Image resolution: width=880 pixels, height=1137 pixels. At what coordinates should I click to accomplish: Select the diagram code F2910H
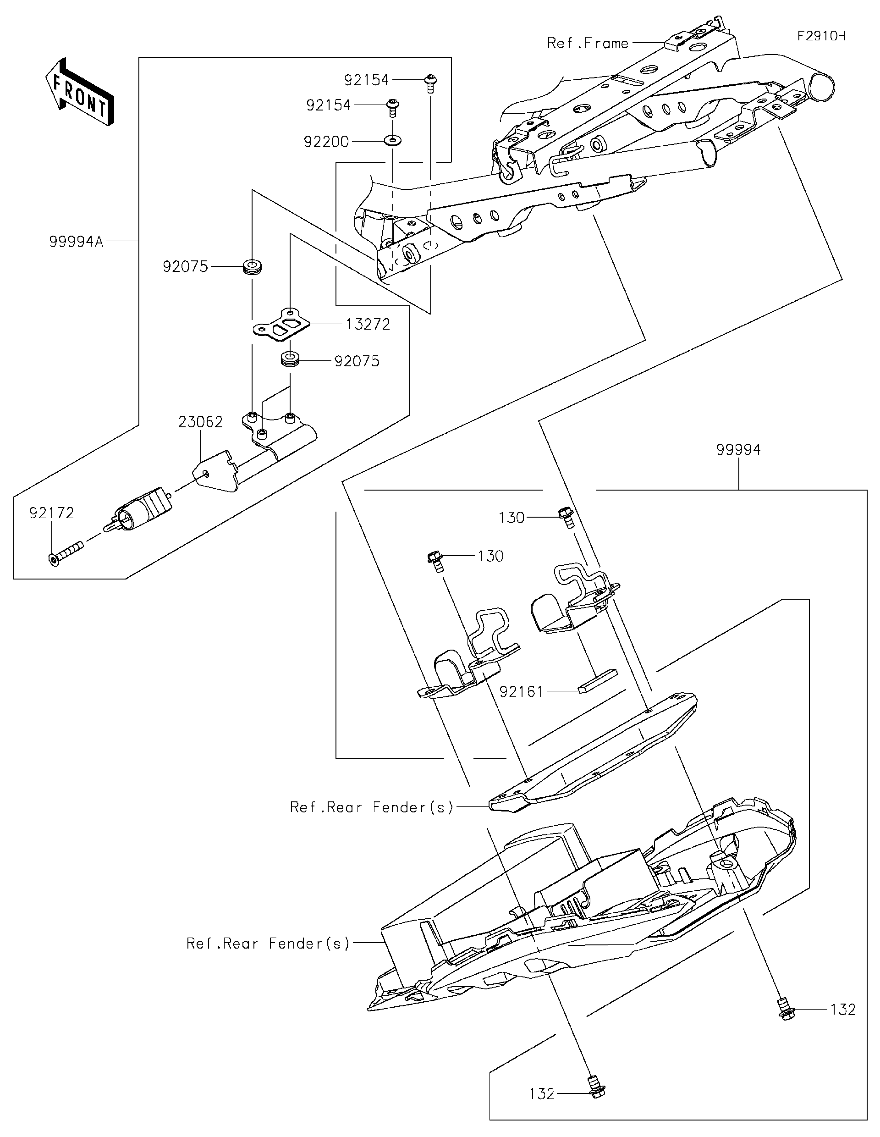[821, 36]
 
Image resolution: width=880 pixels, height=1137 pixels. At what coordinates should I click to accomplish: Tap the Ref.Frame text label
[588, 43]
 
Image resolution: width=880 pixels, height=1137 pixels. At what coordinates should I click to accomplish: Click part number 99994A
[77, 242]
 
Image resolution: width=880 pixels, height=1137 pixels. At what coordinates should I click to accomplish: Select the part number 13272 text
[368, 324]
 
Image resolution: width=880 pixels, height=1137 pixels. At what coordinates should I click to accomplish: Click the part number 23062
[200, 422]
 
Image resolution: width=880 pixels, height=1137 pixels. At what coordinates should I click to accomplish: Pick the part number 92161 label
[521, 691]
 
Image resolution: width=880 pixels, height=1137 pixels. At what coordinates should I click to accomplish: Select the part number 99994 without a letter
[738, 450]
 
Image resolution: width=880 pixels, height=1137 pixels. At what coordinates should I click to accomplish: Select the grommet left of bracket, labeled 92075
[253, 267]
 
